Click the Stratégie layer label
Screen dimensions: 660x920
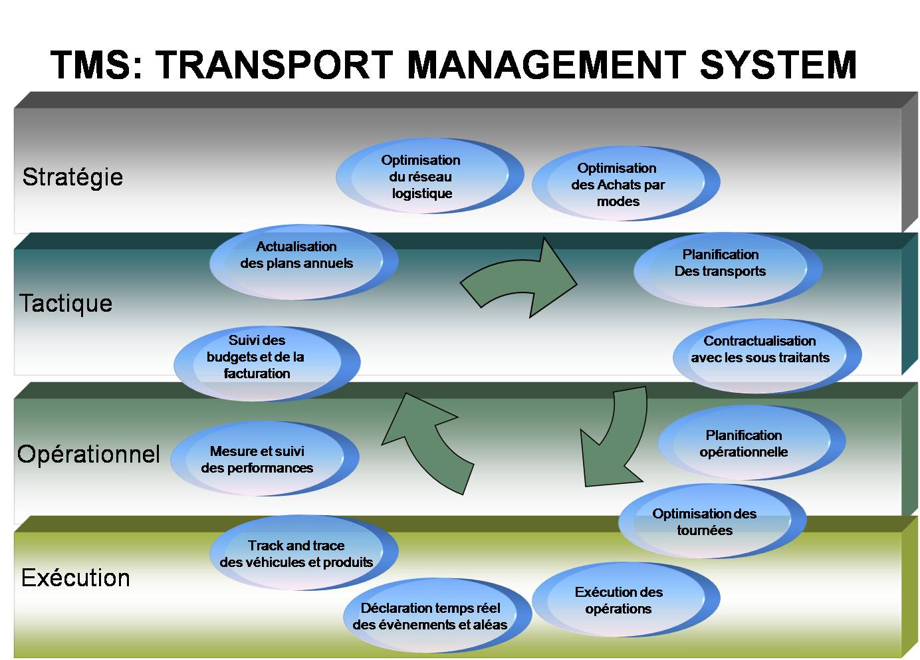tap(72, 177)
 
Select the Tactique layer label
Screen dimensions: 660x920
tap(66, 304)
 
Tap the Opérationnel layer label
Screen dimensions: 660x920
tap(88, 455)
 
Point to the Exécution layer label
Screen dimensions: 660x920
tap(75, 578)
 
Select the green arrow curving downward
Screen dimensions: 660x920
tap(615, 439)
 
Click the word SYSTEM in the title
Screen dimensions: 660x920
tap(778, 65)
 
